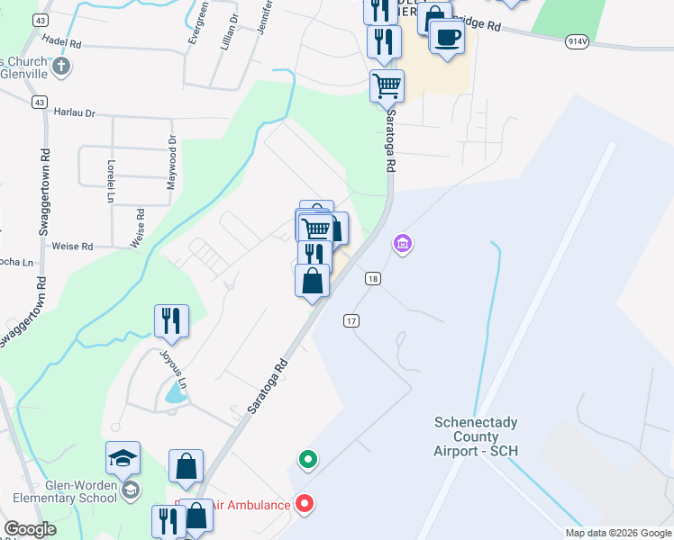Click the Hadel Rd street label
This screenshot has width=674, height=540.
coord(62,42)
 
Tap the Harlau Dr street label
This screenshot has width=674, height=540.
coord(75,113)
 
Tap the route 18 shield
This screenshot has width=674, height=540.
coord(372,279)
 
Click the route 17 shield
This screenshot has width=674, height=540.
coord(351,320)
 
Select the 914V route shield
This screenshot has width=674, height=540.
coord(578,41)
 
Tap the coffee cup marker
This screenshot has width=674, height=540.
coord(447,37)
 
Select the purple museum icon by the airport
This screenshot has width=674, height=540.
coord(403,243)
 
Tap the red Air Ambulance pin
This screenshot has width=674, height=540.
coord(305,504)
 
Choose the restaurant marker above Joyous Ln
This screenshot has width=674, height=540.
coord(171,320)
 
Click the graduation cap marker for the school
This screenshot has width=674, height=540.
coord(123,458)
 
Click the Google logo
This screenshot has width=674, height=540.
coord(30,529)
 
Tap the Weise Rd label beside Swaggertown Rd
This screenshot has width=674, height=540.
coord(74,246)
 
